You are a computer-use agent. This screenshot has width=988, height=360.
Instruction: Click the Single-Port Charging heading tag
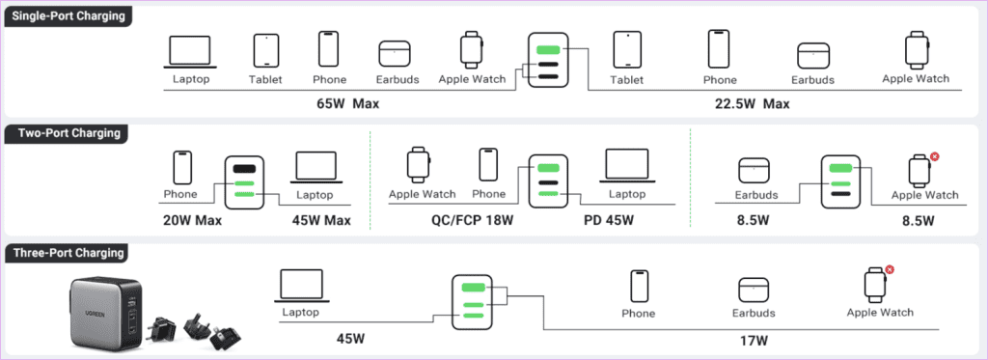[69, 16]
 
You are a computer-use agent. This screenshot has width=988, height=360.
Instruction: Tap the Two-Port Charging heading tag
[66, 133]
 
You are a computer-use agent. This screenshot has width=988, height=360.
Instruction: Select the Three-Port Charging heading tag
[67, 254]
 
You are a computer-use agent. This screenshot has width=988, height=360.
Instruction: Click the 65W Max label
[347, 103]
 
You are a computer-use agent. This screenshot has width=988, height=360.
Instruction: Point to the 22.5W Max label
[752, 103]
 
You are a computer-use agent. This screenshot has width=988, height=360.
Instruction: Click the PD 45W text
[608, 220]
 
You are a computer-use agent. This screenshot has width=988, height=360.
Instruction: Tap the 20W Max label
[192, 220]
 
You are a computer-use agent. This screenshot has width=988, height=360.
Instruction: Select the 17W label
[754, 341]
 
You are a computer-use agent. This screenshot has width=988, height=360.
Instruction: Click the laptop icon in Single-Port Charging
[190, 52]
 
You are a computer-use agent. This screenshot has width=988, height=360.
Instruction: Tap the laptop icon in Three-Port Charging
[301, 286]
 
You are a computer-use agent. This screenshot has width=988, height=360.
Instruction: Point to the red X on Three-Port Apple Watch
[890, 269]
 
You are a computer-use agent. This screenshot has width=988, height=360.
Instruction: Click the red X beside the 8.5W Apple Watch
[934, 155]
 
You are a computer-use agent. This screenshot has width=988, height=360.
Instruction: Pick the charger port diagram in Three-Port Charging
[473, 301]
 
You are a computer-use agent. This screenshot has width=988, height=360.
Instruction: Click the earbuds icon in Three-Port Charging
[754, 290]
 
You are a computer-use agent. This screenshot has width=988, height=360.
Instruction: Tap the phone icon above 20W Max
[182, 167]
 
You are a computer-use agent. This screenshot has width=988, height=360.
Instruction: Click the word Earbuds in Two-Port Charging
[756, 195]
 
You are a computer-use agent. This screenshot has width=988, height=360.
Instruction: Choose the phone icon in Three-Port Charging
[640, 287]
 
